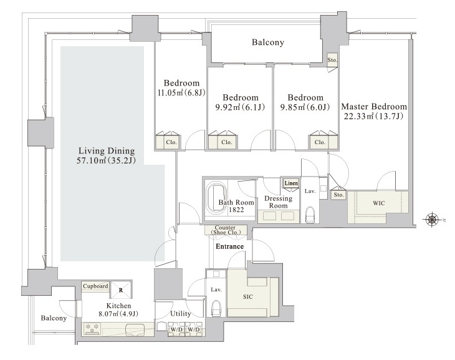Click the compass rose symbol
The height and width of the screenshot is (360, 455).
(x=432, y=220)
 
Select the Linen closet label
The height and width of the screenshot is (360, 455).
(x=291, y=183)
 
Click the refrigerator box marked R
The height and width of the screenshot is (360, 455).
(x=121, y=289)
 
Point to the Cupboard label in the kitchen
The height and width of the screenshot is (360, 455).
(x=95, y=286)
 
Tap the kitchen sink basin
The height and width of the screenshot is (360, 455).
(x=135, y=329)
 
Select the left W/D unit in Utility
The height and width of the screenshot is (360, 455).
(x=176, y=329)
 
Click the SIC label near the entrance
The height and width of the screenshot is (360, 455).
(x=248, y=296)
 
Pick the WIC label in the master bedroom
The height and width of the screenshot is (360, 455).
(x=379, y=203)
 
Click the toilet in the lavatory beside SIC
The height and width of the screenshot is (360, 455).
(x=216, y=308)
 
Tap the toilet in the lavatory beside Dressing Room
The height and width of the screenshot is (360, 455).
(x=310, y=215)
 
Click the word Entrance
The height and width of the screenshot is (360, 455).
(x=229, y=246)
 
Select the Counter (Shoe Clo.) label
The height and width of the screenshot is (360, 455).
(x=226, y=230)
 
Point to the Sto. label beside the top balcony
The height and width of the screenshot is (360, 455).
(x=332, y=60)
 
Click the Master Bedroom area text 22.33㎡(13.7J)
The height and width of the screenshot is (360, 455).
(x=374, y=117)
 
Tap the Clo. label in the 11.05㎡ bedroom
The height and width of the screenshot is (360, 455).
(x=171, y=142)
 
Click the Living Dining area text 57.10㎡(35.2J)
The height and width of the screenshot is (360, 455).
(x=106, y=160)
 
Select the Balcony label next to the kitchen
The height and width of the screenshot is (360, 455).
(x=54, y=318)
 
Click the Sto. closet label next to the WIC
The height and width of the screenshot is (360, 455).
(x=338, y=195)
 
